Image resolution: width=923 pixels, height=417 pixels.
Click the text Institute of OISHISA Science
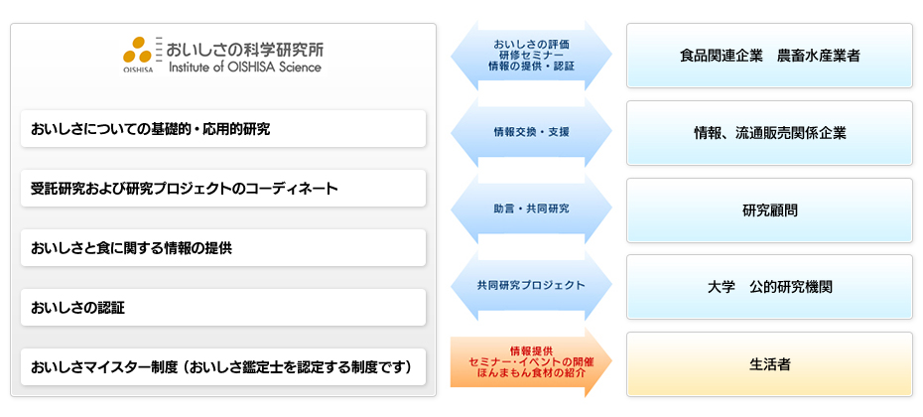pos(245,67)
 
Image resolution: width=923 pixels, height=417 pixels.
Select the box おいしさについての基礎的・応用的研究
pos(223,128)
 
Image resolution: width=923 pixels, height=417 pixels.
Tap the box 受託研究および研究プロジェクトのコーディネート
pos(223,188)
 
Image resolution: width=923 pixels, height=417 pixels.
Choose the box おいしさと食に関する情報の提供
pos(223,247)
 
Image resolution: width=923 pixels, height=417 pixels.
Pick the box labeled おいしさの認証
pos(223,307)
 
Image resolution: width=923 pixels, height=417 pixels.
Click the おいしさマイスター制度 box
pos(223,366)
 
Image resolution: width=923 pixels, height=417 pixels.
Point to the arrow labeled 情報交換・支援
pos(532,132)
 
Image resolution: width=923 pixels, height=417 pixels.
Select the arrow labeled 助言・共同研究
pos(532,208)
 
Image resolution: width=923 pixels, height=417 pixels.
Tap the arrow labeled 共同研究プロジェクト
pos(532,286)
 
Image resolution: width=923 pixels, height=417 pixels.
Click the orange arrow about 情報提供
pos(532,362)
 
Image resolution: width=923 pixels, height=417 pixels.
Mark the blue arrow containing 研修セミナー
pos(532,56)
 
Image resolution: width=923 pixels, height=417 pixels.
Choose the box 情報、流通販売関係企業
pos(769,133)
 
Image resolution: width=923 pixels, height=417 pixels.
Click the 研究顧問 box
pos(769,210)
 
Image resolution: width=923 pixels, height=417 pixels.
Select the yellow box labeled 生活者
pos(769,364)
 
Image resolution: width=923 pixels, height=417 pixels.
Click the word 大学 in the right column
pos(722,287)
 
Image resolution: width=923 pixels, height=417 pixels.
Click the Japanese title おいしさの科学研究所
pos(245,49)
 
